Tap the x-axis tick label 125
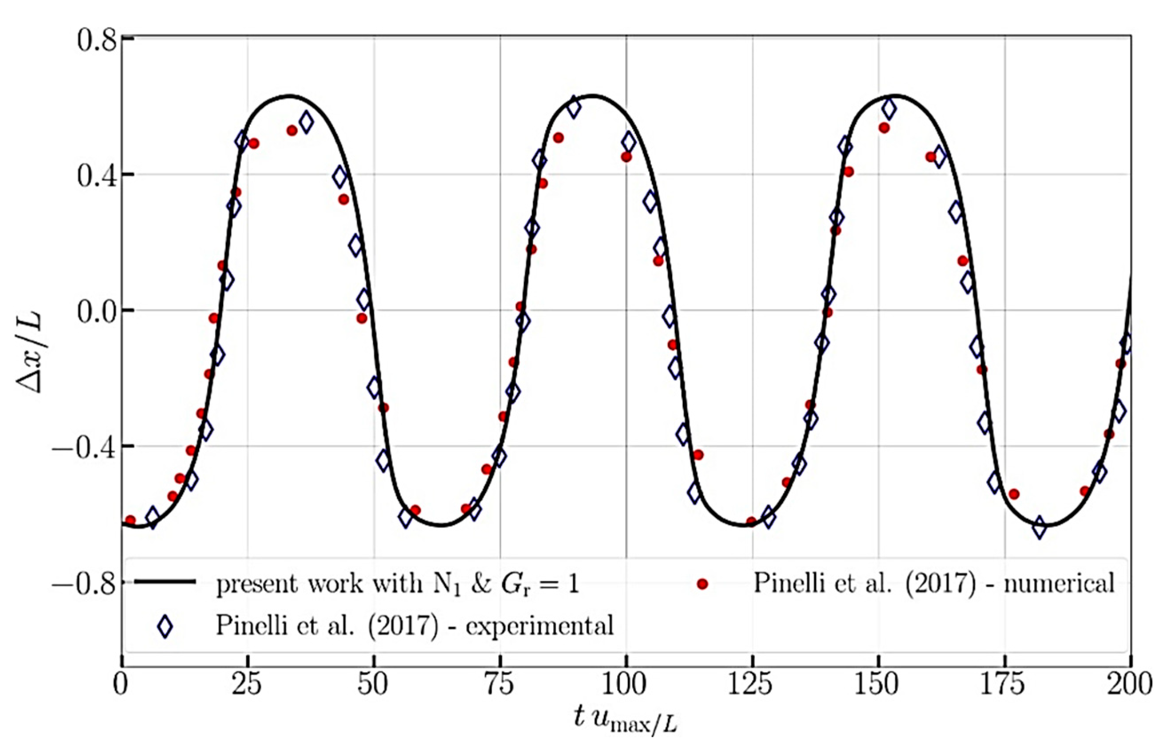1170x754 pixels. tap(751, 684)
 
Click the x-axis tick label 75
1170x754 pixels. tap(500, 684)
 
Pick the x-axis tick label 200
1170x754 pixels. tap(1128, 684)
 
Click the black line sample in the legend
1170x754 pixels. tap(165, 581)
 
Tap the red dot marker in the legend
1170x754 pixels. tap(702, 584)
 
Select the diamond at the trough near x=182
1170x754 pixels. tap(1039, 528)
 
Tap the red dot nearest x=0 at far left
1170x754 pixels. tap(130, 520)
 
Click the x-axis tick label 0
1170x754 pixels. tap(121, 684)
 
